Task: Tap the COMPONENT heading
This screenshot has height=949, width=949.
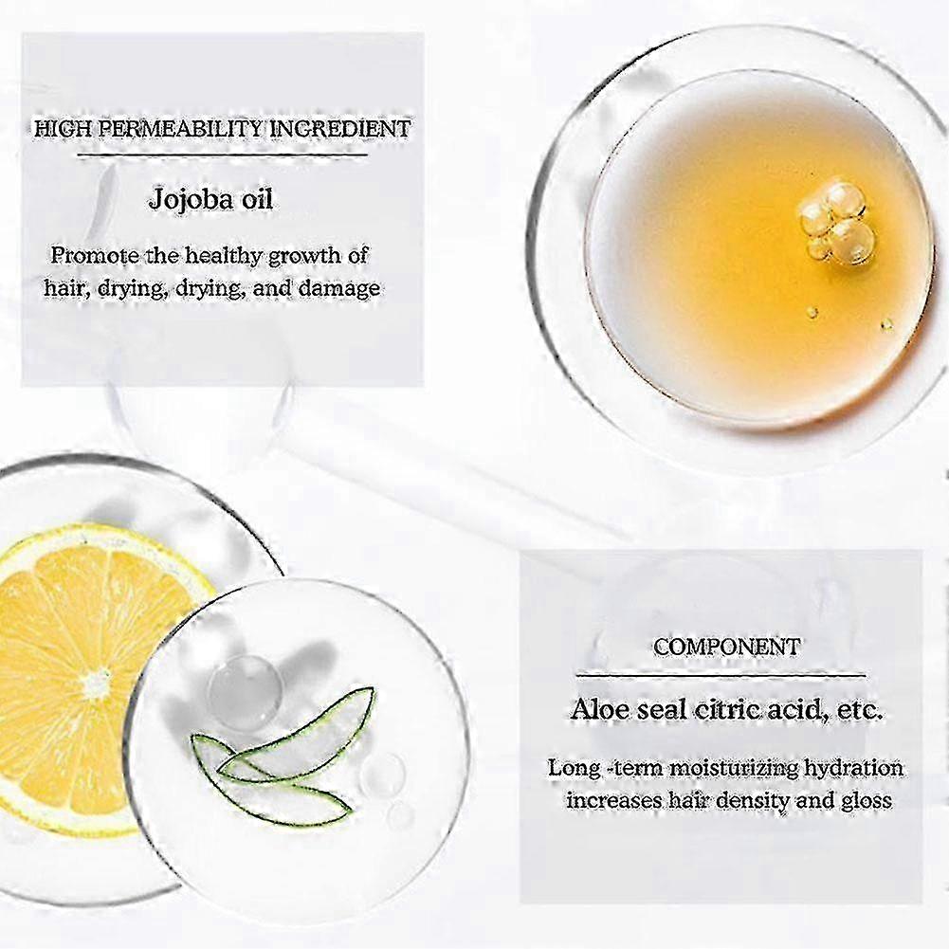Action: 726,647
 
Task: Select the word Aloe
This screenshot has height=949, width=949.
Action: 600,709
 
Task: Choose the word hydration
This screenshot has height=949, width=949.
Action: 853,768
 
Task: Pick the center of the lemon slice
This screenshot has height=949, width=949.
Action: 96,681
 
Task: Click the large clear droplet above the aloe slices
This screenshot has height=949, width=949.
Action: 245,692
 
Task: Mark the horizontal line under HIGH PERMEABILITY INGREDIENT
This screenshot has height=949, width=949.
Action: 223,155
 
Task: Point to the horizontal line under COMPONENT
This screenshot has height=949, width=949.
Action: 721,675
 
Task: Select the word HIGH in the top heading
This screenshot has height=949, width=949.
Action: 64,129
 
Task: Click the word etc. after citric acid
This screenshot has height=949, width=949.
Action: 860,709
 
